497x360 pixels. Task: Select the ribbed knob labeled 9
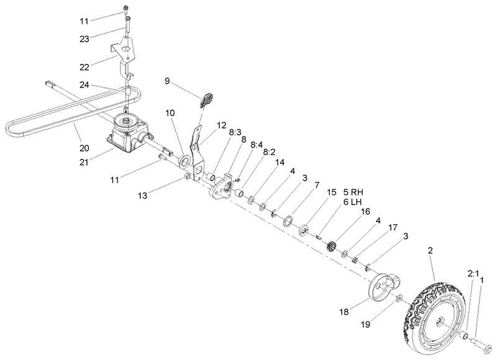coord(207,99)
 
